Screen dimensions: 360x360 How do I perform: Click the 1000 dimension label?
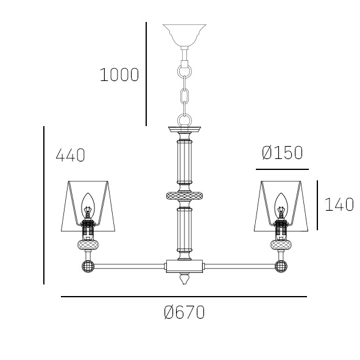[x=119, y=76]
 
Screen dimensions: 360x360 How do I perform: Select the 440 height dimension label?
[x=70, y=155]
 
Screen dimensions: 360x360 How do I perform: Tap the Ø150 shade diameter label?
[x=281, y=153]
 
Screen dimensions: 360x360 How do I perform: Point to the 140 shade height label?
[x=339, y=205]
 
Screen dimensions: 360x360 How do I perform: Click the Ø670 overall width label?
[x=184, y=313]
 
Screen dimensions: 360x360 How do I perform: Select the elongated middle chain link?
[x=184, y=96]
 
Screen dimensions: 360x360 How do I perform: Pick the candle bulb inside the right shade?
[x=281, y=204]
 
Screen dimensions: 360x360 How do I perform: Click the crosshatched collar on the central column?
[x=184, y=196]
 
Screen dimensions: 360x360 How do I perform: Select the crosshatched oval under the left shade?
[x=88, y=245]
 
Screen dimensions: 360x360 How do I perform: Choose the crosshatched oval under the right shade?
[x=281, y=245]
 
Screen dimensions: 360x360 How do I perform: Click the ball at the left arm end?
[x=88, y=266]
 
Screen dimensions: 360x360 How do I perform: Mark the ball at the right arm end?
[x=281, y=266]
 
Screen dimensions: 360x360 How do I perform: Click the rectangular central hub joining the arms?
[x=184, y=266]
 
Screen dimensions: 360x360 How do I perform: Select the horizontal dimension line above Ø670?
[x=184, y=297]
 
